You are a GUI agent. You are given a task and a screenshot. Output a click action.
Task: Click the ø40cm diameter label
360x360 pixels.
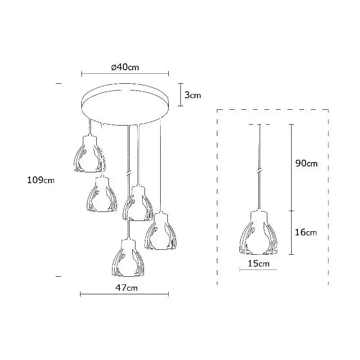coord(125,67)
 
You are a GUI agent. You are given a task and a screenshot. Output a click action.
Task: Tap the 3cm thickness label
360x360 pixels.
coord(193,95)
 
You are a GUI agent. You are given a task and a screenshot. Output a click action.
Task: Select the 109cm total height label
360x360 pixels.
coord(41,180)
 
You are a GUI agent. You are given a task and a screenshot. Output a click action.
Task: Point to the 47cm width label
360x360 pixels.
coord(126,288)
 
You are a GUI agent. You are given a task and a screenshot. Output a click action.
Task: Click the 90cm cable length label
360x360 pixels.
coord(306,163)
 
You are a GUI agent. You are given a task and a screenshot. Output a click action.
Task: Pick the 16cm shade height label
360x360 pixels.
coord(306,232)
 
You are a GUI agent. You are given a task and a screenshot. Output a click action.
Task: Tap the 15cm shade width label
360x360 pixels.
coord(258,263)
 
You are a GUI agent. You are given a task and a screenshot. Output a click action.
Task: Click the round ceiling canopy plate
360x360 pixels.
coord(125,103)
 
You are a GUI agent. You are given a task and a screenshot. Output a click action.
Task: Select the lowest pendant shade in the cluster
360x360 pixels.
coord(128,257)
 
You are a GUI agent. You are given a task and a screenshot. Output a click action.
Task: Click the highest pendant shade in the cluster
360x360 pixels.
coord(90,154)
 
